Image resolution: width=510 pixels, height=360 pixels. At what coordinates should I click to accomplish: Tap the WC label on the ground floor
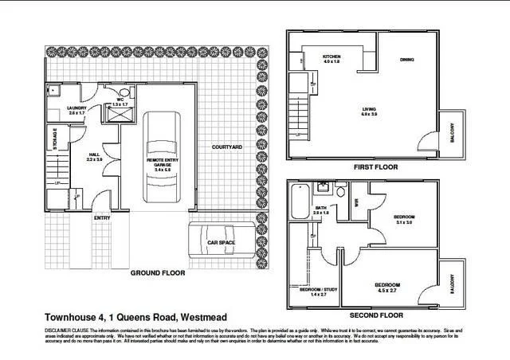pyautogui.click(x=120, y=99)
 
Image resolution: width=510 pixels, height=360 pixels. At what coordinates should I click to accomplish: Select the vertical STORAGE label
pyautogui.click(x=55, y=139)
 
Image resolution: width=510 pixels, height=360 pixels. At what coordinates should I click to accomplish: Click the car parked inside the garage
pyautogui.click(x=163, y=160)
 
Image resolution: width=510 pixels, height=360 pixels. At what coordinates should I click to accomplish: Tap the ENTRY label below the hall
pyautogui.click(x=102, y=217)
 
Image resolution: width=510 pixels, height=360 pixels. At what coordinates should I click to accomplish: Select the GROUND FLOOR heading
pyautogui.click(x=157, y=272)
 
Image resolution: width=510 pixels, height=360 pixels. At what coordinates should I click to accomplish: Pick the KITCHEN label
pyautogui.click(x=332, y=57)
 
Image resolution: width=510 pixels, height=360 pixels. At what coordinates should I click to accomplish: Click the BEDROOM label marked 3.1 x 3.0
pyautogui.click(x=405, y=217)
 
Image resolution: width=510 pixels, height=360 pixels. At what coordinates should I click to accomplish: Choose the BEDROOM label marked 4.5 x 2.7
pyautogui.click(x=386, y=284)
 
